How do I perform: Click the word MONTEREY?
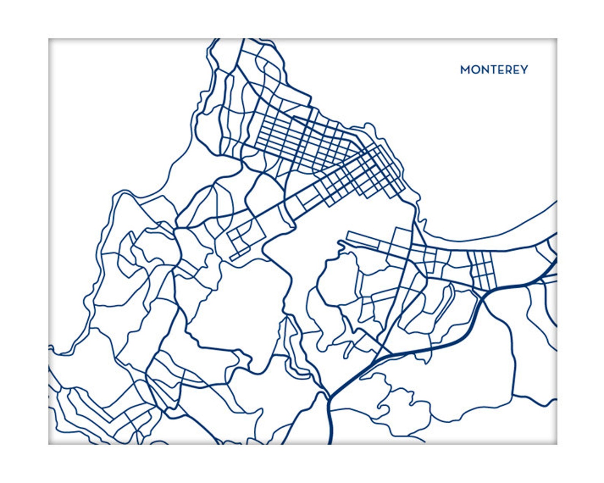coord(494,70)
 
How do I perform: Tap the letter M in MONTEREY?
coord(465,70)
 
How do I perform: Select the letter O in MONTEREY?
coord(475,70)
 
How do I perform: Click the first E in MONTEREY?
coord(499,70)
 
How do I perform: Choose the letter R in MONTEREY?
coord(507,70)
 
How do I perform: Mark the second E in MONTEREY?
coord(515,70)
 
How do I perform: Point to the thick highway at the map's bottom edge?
coord(330,441)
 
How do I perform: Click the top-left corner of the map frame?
coord(49,39)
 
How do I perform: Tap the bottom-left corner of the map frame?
coord(49,444)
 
